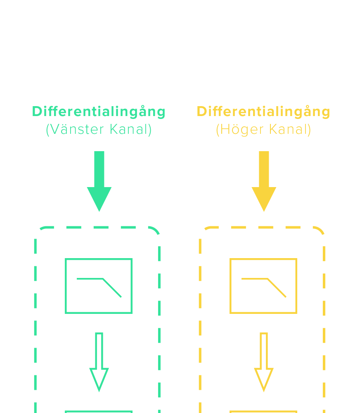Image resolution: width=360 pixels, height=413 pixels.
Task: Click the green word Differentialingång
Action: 99,112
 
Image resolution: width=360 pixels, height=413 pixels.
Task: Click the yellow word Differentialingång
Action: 263,112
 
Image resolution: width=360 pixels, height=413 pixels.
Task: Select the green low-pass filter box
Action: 99,286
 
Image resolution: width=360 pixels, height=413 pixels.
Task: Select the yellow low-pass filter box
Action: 263,286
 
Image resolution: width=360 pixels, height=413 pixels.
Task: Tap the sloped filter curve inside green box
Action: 112,288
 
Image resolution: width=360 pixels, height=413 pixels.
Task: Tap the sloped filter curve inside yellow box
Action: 277,288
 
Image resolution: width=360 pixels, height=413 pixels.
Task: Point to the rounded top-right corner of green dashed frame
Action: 155,230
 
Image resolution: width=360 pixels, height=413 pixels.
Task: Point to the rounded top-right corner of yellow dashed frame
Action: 320,230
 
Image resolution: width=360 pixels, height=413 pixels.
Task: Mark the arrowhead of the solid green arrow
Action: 99,199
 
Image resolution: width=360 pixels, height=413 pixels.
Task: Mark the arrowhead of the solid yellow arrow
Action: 264,199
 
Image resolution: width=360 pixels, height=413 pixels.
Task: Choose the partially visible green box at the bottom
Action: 99,412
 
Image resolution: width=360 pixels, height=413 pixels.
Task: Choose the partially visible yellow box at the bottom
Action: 263,412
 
